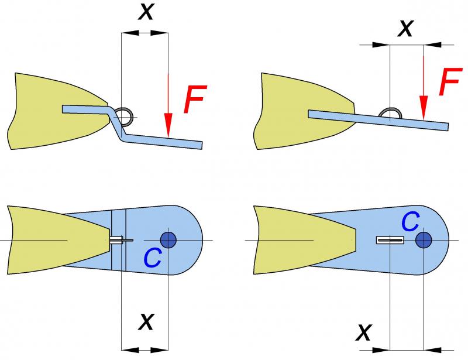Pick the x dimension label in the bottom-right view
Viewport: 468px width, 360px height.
click(x=363, y=332)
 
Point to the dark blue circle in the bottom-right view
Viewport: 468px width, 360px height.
click(x=423, y=240)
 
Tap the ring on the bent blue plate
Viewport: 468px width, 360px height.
click(x=125, y=115)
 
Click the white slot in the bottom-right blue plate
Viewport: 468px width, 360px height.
click(x=390, y=240)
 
